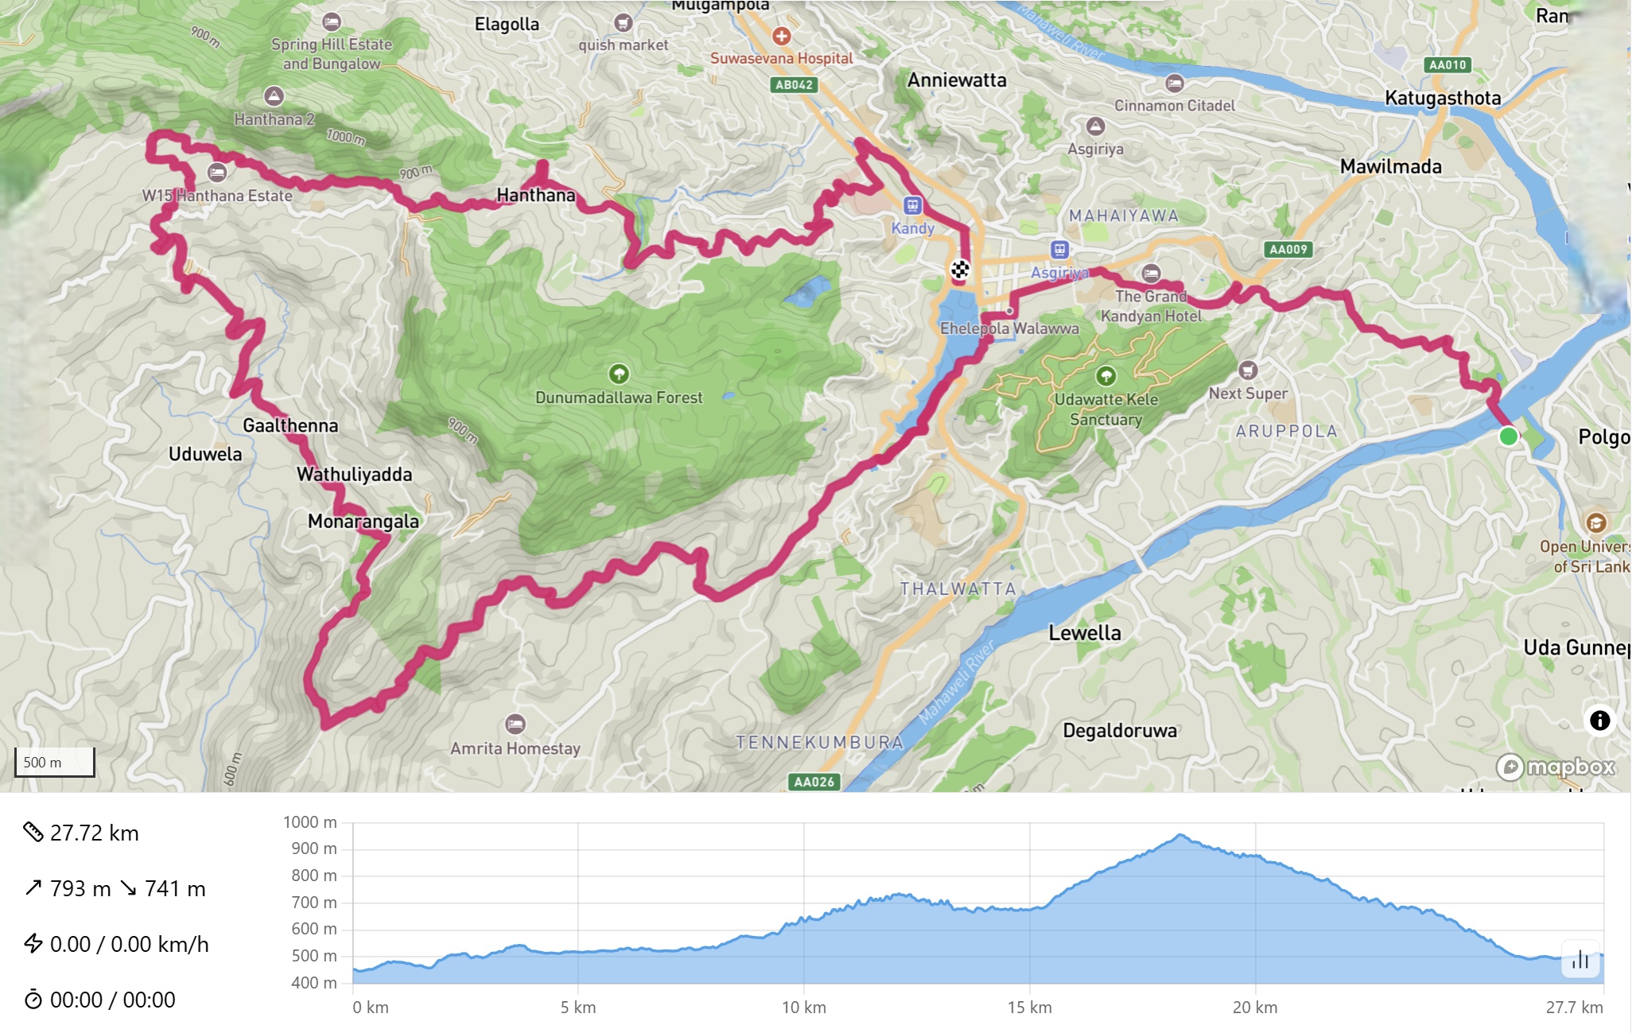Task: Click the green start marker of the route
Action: pos(1508,436)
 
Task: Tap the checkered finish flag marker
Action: pos(960,270)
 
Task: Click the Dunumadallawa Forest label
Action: pos(619,398)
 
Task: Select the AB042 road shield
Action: pos(794,85)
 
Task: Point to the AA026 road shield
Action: pos(814,782)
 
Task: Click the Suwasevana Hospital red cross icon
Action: pos(782,36)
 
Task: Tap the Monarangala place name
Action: pos(363,522)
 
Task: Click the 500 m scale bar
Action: pos(54,762)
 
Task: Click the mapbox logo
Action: pos(1556,767)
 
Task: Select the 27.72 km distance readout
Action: pos(94,833)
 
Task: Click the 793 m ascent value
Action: pos(80,888)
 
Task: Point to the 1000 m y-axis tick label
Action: pos(309,822)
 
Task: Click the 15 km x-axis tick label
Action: pos(1029,1008)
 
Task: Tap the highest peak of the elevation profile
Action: pos(1181,836)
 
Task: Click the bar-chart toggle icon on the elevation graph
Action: pos(1580,960)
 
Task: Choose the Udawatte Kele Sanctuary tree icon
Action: pos(1105,375)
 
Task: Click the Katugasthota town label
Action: pos(1443,98)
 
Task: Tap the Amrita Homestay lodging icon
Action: pos(515,724)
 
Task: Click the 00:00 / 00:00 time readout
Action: pos(112,1000)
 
